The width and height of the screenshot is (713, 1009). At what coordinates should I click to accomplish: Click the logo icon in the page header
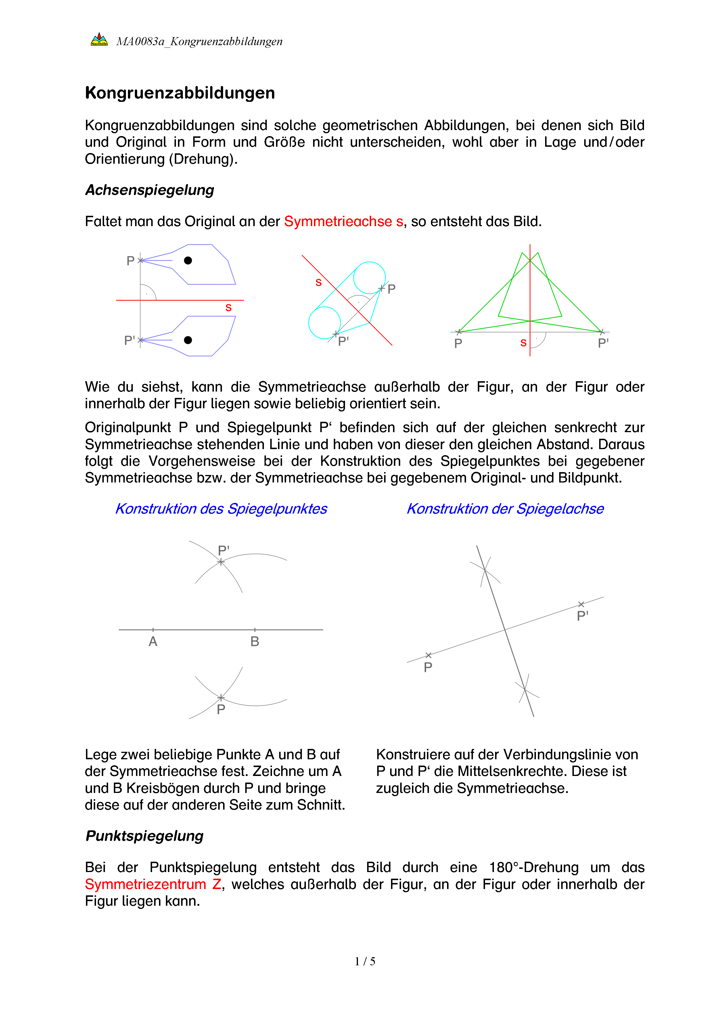pos(99,39)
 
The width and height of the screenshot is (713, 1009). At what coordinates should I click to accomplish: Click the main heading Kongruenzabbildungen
pos(180,93)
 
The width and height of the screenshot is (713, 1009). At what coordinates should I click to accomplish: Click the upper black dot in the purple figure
pos(188,261)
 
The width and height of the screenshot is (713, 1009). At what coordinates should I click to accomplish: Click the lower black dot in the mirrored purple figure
pos(188,340)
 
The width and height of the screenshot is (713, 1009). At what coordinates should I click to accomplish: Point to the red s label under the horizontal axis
pos(228,308)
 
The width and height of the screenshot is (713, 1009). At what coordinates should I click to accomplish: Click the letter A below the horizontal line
pos(153,642)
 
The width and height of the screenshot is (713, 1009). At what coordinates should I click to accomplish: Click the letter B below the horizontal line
pos(255,642)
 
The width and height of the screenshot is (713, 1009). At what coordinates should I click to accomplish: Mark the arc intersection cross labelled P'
pos(221,562)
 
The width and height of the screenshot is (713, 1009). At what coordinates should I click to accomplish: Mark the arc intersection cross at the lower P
pos(221,697)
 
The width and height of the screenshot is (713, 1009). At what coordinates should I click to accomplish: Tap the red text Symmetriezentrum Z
pos(153,884)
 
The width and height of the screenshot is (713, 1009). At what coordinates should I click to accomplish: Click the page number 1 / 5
pos(365,962)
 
